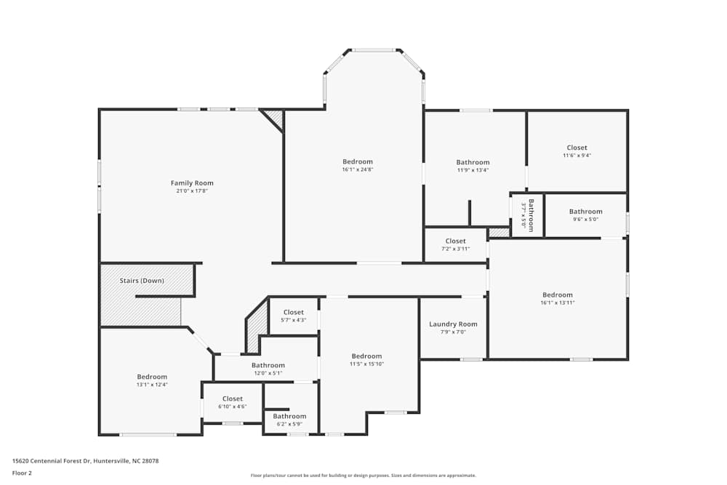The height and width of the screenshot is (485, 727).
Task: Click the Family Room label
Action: click(x=192, y=183)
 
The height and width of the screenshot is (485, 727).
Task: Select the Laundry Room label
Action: click(x=453, y=324)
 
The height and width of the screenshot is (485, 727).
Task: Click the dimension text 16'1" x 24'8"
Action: click(x=358, y=169)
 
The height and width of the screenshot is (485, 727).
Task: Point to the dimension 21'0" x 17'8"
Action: click(x=192, y=191)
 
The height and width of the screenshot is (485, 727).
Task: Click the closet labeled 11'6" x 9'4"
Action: click(x=577, y=151)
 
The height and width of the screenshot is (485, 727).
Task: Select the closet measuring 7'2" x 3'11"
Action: click(x=455, y=244)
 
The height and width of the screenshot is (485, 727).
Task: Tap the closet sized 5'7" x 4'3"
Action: click(x=294, y=316)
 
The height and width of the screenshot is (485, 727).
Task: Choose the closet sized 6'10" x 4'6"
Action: click(x=233, y=402)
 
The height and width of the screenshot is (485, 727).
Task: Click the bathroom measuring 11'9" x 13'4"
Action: click(x=473, y=166)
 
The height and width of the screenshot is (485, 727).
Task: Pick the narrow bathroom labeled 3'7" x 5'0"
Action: click(x=528, y=214)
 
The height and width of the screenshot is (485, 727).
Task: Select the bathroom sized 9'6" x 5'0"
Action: click(x=585, y=215)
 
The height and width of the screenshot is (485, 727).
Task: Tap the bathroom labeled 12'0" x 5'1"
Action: click(x=268, y=369)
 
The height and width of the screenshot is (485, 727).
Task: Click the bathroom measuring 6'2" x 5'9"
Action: click(x=289, y=420)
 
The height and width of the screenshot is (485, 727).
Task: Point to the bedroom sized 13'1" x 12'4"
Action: click(x=152, y=380)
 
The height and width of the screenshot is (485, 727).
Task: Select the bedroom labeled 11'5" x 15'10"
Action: click(x=366, y=360)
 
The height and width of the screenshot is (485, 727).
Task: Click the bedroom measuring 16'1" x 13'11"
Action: click(x=558, y=298)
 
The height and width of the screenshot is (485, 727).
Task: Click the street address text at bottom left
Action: click(x=85, y=460)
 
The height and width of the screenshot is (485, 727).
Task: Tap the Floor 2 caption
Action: click(x=22, y=473)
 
